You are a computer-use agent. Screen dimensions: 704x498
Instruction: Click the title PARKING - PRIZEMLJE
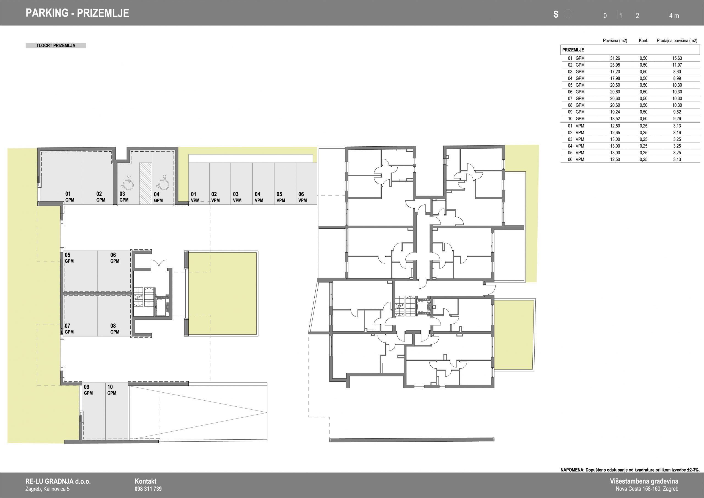pyautogui.click(x=77, y=13)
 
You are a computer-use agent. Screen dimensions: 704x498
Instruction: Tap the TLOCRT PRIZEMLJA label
pyautogui.click(x=56, y=46)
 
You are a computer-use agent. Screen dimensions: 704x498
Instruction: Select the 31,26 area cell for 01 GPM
pyautogui.click(x=615, y=58)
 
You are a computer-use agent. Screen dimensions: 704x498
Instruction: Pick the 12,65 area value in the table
pyautogui.click(x=615, y=133)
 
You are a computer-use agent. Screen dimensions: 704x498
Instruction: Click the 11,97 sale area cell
pyautogui.click(x=677, y=65)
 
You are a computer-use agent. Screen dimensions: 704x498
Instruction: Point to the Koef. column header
pyautogui.click(x=643, y=40)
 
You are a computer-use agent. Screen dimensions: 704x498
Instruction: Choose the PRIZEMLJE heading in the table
pyautogui.click(x=573, y=50)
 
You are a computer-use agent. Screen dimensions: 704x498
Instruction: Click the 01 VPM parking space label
pyautogui.click(x=195, y=197)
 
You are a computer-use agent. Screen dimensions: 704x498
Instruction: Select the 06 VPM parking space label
pyautogui.click(x=302, y=197)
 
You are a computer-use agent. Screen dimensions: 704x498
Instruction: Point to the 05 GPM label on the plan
pyautogui.click(x=69, y=258)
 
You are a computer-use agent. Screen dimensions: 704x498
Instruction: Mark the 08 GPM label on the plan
pyautogui.click(x=115, y=329)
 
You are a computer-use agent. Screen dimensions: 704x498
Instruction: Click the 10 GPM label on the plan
pyautogui.click(x=112, y=390)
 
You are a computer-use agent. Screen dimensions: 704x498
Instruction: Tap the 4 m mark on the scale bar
pyautogui.click(x=674, y=16)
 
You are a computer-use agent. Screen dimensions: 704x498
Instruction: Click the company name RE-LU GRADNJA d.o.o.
pyautogui.click(x=58, y=481)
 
